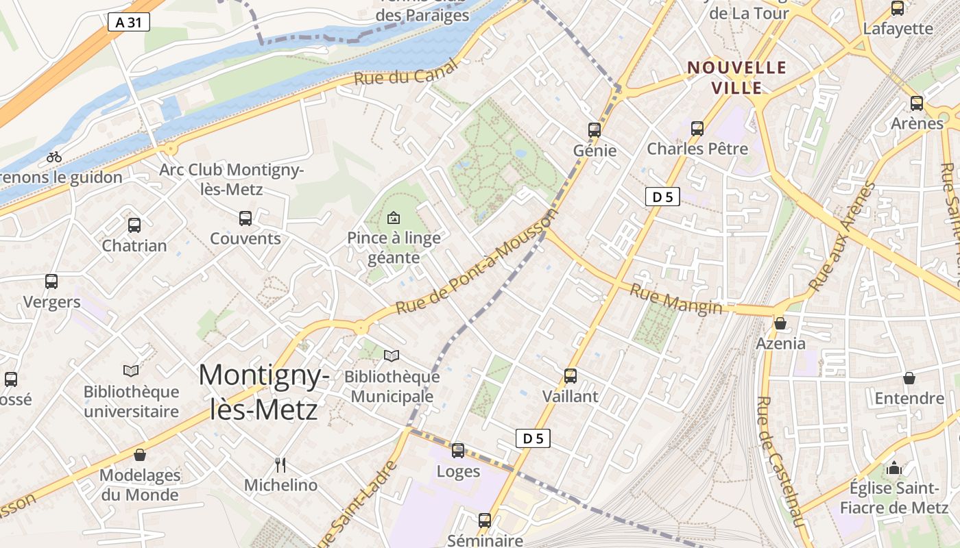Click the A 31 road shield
[128, 23]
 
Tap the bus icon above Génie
[595, 129]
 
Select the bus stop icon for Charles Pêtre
[697, 128]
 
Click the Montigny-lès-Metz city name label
[264, 392]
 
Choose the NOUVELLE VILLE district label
[737, 77]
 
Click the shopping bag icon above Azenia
[780, 323]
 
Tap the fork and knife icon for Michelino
[280, 465]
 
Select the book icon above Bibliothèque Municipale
[392, 356]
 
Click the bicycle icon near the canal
[54, 157]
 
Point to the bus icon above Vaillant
[571, 375]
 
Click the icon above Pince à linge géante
[394, 219]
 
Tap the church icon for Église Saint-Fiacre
[893, 469]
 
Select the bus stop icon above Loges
[458, 451]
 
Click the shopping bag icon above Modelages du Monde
[140, 455]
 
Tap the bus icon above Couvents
[245, 219]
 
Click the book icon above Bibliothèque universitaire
[131, 371]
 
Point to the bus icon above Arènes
[917, 103]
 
